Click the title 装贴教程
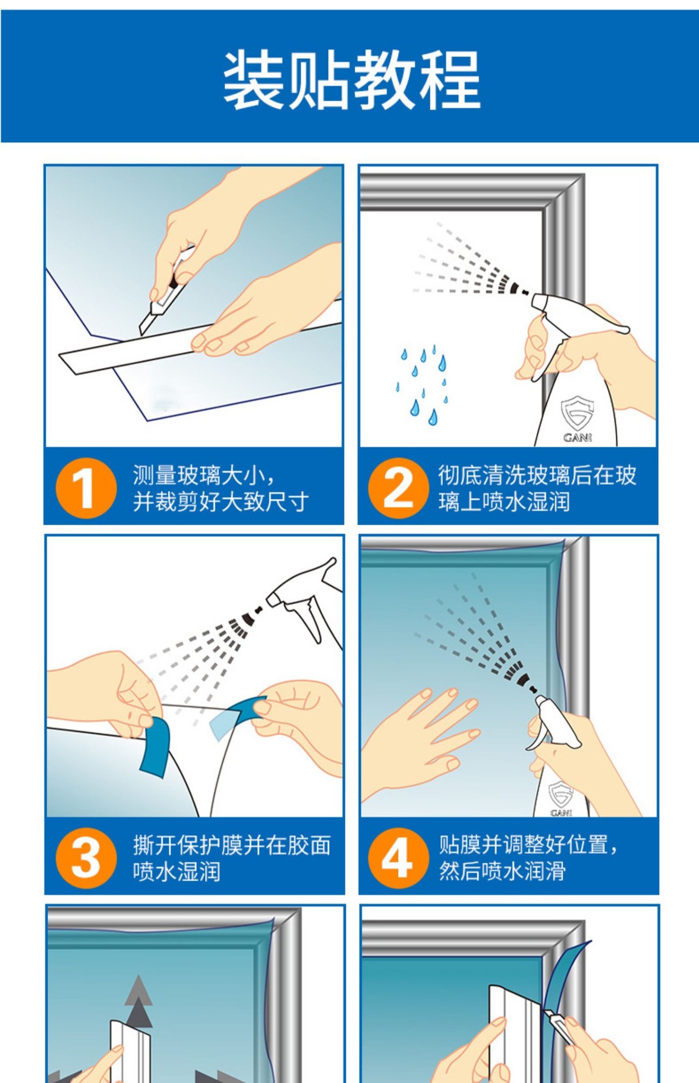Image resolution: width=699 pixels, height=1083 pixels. pos(352,80)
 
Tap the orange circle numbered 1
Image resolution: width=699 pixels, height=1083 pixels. pos(86,488)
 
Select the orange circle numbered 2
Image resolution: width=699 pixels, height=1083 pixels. pos(399,488)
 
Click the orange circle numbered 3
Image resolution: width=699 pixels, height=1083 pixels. pos(86,858)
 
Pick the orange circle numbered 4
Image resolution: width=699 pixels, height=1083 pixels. pos(399,858)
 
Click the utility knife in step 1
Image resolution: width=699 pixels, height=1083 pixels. pos(166,290)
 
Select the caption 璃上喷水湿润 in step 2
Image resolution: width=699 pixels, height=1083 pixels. pos(504,501)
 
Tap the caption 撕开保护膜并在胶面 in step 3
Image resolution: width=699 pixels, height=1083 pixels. pos(232,846)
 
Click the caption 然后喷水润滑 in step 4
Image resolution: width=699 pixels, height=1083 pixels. pos(502,871)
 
